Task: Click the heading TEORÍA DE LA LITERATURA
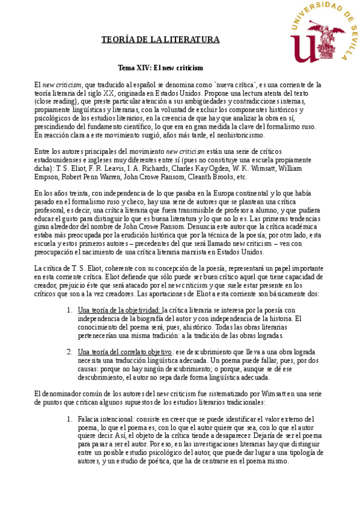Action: pos(160,40)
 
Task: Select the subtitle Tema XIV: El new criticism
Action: pos(160,68)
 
